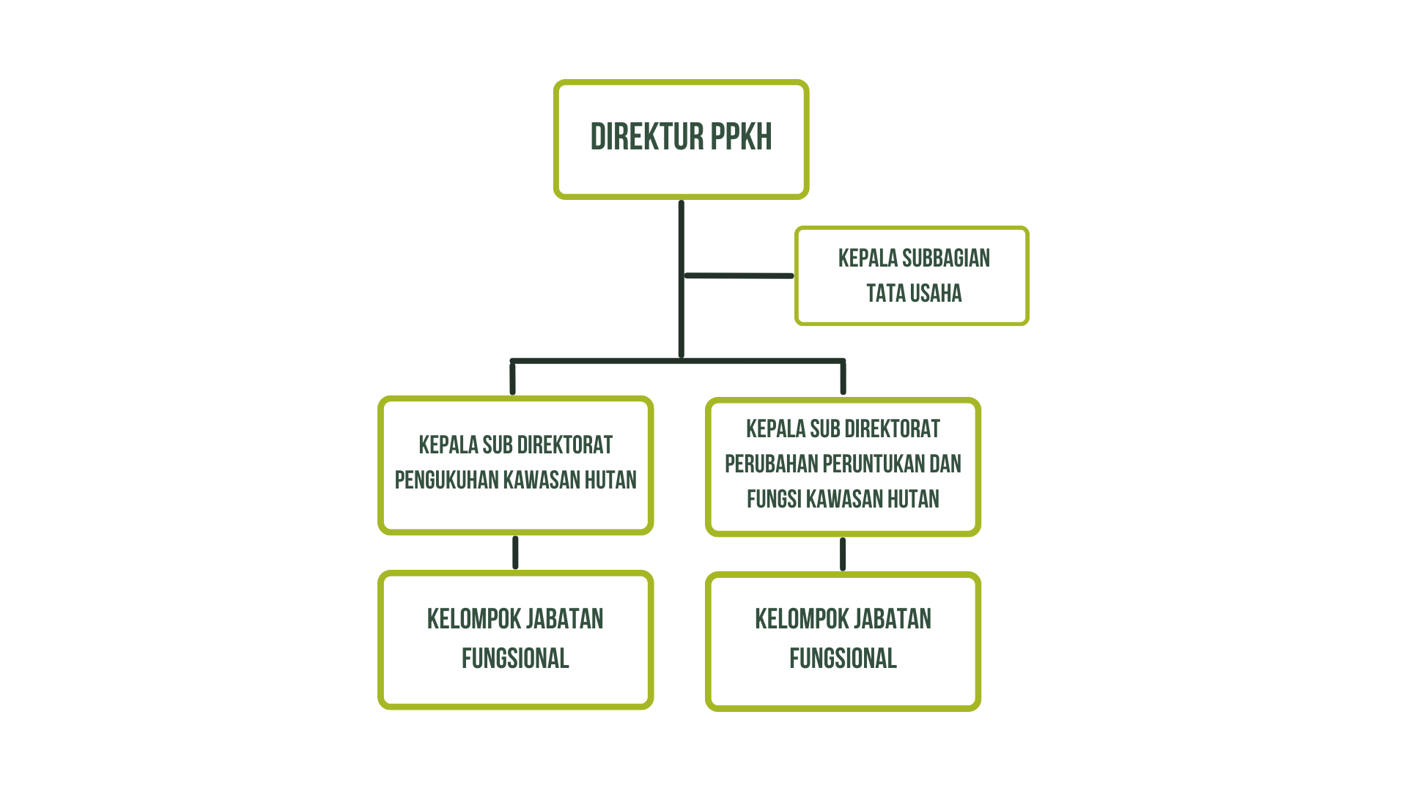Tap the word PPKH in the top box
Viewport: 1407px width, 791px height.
click(741, 137)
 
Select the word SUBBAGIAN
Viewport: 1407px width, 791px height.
click(945, 258)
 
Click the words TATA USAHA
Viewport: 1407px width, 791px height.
click(914, 293)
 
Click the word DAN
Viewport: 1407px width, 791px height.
click(946, 464)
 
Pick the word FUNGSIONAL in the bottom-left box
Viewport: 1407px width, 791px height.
click(515, 658)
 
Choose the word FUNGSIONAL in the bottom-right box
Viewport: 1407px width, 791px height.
click(843, 658)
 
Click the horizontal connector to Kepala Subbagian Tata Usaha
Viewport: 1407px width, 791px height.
click(738, 276)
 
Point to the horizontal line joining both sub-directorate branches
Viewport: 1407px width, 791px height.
click(678, 361)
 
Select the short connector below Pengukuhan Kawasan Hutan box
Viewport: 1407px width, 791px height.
click(515, 552)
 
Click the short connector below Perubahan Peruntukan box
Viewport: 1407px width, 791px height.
click(843, 554)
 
